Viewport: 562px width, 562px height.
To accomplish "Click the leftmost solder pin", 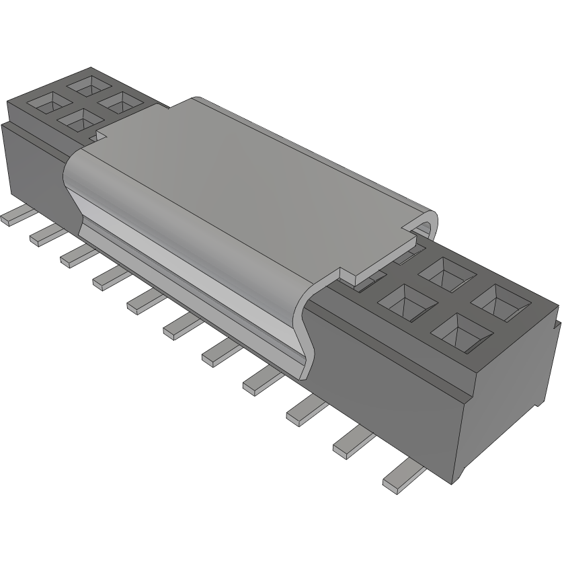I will click(x=15, y=217).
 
